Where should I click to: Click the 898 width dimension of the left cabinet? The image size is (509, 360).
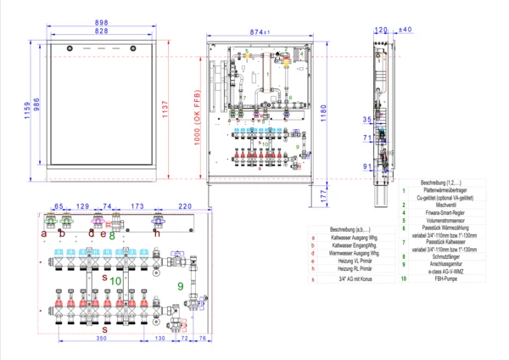click(100, 22)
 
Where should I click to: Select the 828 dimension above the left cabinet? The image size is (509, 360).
click(100, 31)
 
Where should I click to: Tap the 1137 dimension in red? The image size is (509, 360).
click(166, 109)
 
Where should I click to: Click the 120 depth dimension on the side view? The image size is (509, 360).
click(380, 30)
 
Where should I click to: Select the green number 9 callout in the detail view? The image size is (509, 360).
click(180, 285)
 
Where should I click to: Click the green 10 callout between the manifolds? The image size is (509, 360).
click(116, 278)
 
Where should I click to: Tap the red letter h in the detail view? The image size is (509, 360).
click(156, 232)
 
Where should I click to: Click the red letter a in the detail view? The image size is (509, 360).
click(44, 233)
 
